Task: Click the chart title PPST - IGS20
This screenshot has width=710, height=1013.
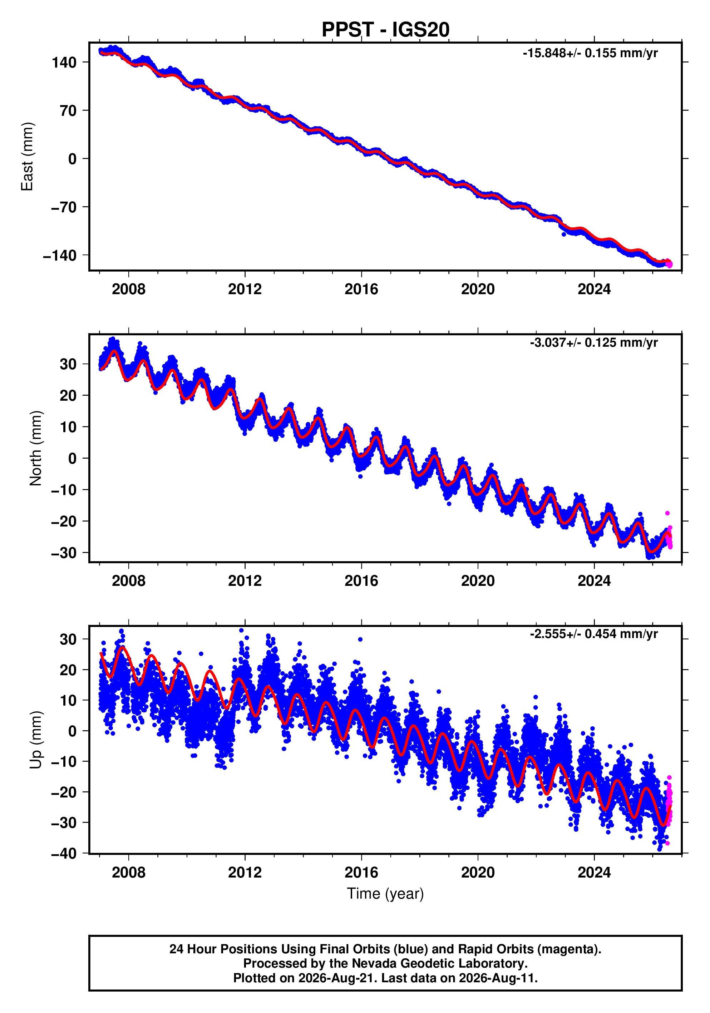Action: coord(385,30)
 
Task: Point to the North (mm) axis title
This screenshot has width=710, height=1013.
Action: coord(36,448)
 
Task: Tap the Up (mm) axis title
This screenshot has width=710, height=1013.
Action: coord(36,740)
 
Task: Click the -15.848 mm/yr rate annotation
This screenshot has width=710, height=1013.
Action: coord(590,53)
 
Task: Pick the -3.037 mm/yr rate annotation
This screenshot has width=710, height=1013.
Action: coord(593,343)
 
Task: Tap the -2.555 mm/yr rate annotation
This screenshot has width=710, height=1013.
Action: coord(593,634)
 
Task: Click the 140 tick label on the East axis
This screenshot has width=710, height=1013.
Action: coord(64,62)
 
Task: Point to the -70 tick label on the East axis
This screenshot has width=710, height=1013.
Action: coord(64,207)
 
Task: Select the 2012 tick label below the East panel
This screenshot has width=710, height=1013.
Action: coord(245,290)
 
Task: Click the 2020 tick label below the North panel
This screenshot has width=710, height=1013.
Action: coord(478,581)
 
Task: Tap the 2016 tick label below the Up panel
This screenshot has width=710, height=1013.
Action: coord(361,872)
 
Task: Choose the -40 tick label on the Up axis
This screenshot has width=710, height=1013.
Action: coord(64,854)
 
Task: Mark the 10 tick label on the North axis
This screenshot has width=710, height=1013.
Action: coord(68,427)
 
